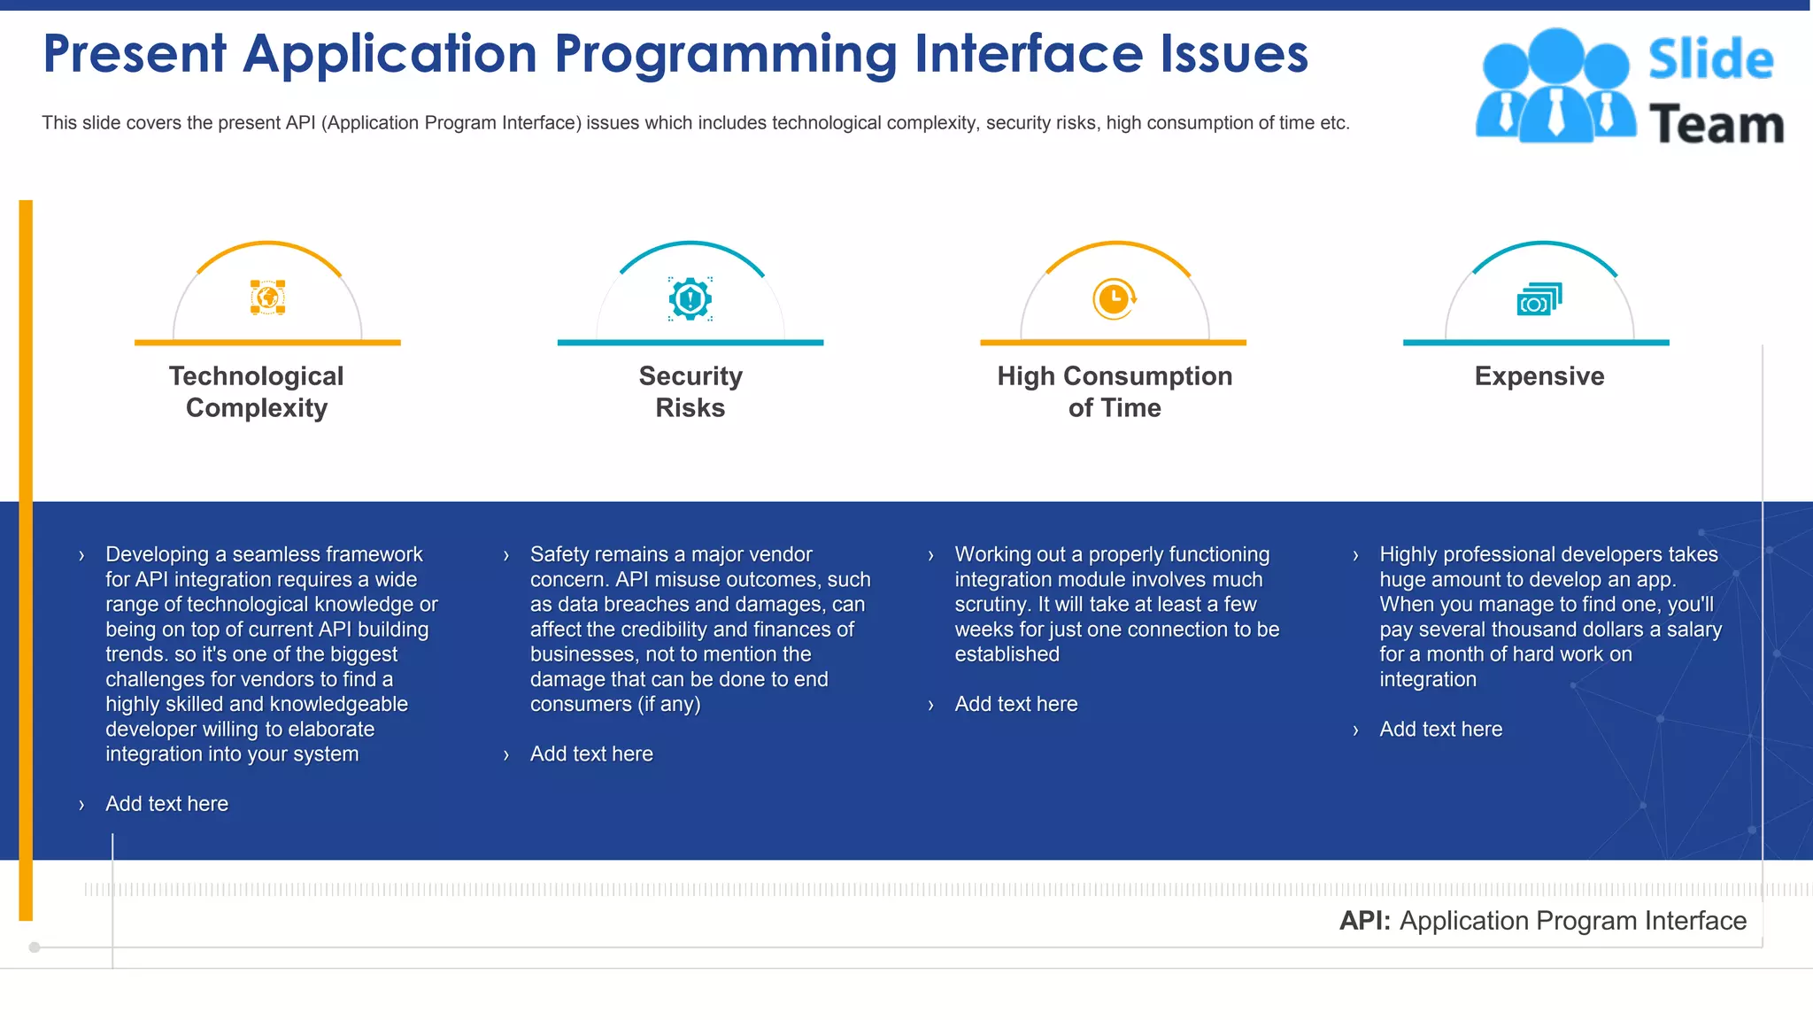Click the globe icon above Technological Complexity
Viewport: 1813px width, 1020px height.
coord(267,297)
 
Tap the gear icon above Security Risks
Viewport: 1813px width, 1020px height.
coord(690,298)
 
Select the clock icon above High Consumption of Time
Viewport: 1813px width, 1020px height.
coord(1114,298)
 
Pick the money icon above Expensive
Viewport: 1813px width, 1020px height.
coord(1539,299)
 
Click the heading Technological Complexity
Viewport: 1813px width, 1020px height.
coord(257,391)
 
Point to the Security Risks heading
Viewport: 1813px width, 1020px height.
coord(690,391)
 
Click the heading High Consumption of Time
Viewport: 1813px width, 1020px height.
coord(1115,391)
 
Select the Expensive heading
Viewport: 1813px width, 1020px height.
coord(1539,376)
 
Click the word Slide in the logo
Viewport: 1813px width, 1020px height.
coord(1710,59)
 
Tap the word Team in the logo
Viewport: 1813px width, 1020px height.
coord(1717,124)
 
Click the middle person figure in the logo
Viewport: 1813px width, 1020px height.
coord(1555,84)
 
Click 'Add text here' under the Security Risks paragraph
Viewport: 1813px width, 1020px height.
coord(591,754)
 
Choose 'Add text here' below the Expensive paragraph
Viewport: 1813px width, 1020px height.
coord(1440,730)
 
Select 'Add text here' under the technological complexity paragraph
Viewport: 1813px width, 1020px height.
coord(166,804)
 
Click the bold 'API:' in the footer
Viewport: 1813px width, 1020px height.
coord(1365,921)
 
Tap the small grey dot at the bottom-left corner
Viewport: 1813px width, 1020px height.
coord(35,947)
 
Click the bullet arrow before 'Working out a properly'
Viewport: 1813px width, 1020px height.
coord(930,556)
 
